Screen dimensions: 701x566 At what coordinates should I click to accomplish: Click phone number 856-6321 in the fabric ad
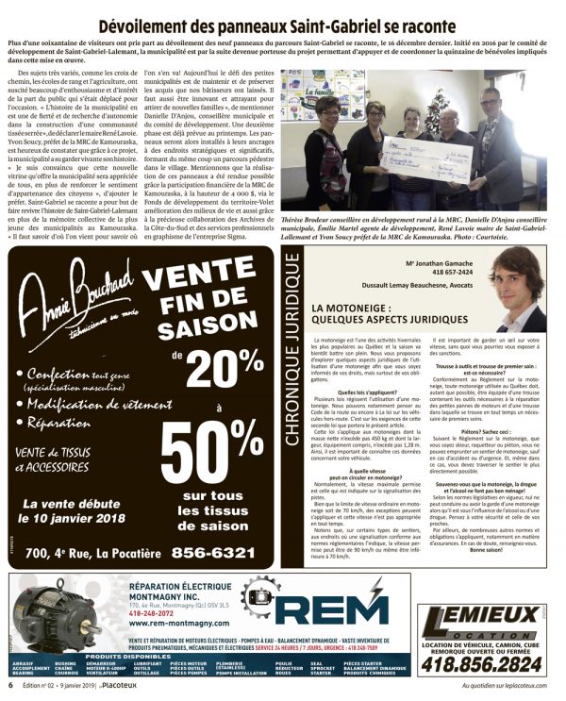[212, 552]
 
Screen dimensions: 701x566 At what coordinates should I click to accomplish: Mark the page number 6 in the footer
[11, 686]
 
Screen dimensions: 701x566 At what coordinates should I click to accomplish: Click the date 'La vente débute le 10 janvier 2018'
[71, 510]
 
